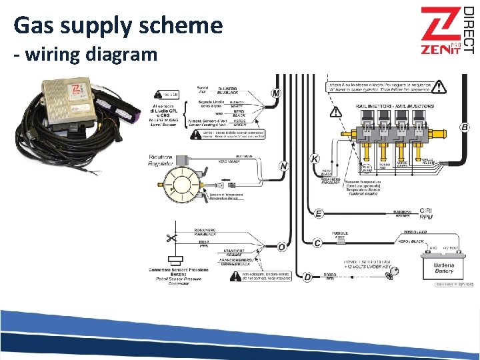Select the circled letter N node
284,165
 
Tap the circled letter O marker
282,247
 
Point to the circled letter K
315,159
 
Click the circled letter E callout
319,213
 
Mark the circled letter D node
307,276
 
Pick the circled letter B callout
464,127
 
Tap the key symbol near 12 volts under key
396,271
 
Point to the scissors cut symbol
171,238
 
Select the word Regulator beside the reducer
161,163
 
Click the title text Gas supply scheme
118,26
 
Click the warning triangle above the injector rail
438,87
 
